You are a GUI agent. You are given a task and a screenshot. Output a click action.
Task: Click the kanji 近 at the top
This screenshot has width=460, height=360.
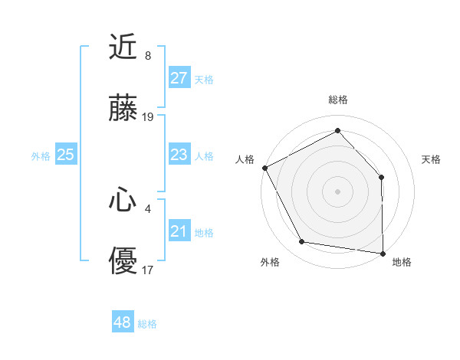tap(123, 48)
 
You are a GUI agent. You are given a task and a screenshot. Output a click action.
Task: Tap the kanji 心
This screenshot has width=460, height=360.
tap(123, 201)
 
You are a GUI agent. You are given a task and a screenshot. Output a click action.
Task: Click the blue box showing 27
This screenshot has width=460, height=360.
tap(179, 77)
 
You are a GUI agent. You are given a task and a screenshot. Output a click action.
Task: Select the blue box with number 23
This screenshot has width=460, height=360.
tap(179, 155)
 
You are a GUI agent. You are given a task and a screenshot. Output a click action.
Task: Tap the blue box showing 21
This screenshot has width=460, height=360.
tap(179, 231)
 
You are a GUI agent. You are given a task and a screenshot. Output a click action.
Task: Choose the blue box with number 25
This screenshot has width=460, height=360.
tap(65, 155)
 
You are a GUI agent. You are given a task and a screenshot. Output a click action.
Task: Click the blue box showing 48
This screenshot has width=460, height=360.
tap(123, 322)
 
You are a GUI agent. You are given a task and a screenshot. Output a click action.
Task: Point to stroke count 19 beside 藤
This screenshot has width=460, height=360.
tap(148, 117)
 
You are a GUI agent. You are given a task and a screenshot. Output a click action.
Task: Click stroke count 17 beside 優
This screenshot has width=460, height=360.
tap(148, 270)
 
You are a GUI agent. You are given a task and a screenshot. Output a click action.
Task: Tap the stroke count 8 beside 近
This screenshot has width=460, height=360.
tap(148, 55)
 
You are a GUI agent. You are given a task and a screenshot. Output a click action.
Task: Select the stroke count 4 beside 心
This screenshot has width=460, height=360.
tap(148, 208)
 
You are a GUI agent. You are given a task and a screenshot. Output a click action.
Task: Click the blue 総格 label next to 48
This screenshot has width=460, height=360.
tap(147, 324)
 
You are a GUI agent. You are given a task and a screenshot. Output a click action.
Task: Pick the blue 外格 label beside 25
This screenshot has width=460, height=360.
tap(41, 156)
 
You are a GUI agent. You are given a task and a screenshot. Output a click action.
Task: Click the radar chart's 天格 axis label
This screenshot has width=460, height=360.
tap(432, 159)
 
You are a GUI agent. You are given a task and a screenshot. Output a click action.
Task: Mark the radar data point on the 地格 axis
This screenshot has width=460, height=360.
tap(383, 253)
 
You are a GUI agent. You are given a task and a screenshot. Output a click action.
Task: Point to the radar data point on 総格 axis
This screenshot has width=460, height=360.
tap(337, 131)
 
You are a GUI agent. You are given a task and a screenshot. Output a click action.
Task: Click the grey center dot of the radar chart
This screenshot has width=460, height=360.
tap(337, 191)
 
